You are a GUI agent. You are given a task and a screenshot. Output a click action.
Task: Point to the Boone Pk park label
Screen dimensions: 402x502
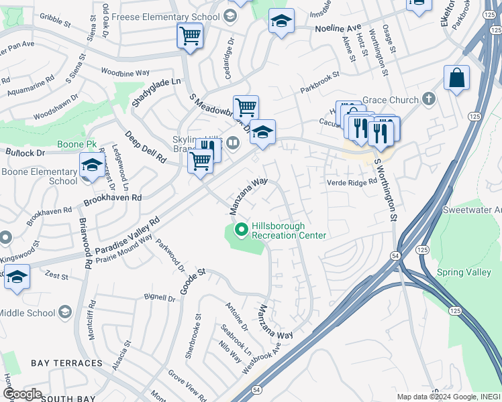pyautogui.click(x=81, y=144)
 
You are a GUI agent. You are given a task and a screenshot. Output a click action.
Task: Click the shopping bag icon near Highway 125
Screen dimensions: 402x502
pyautogui.click(x=456, y=78)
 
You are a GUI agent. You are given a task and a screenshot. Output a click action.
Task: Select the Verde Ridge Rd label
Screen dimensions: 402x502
pyautogui.click(x=352, y=182)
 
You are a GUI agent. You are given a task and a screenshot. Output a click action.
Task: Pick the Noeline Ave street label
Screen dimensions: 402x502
pyautogui.click(x=338, y=29)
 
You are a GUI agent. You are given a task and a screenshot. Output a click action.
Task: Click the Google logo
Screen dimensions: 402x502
pyautogui.click(x=21, y=394)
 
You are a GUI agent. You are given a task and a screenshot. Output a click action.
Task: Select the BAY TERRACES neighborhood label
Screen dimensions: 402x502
pyautogui.click(x=66, y=363)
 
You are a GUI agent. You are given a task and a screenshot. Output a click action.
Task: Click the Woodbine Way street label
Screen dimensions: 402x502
pyautogui.click(x=125, y=72)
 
